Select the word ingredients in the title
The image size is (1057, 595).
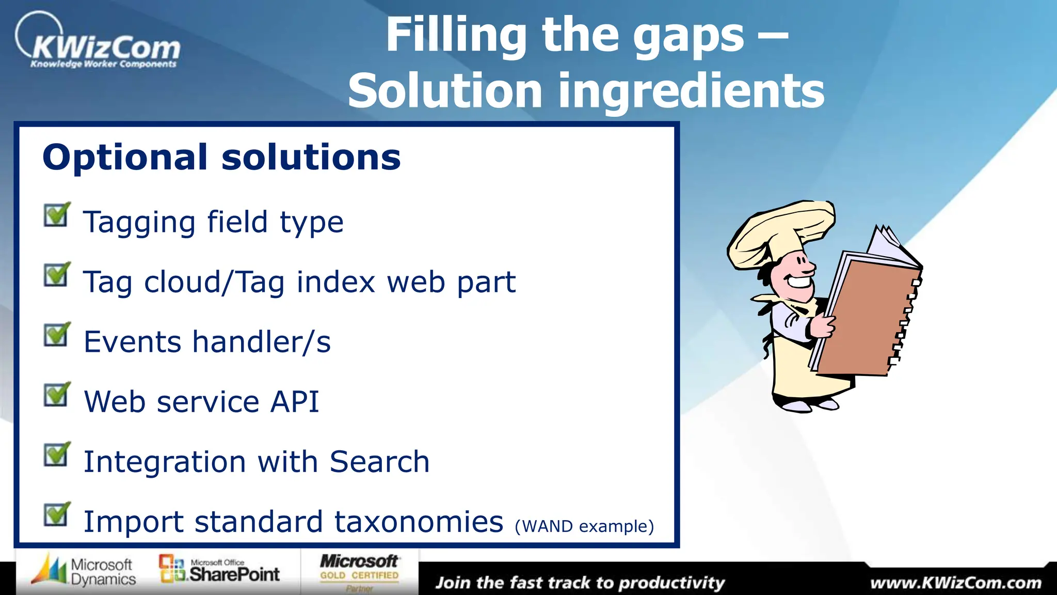point(691,91)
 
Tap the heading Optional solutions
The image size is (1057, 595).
point(221,157)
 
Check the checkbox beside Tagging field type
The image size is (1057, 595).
point(56,215)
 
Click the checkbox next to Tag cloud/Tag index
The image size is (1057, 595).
point(56,275)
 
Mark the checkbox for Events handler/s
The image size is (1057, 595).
point(56,335)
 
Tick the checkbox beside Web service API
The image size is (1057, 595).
point(56,395)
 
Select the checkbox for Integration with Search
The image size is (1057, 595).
point(56,455)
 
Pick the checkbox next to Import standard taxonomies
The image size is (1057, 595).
point(56,515)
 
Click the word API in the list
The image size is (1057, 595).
point(295,402)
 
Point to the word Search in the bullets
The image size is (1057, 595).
point(379,462)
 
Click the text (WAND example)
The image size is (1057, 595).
point(584,526)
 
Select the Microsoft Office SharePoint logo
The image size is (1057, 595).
point(219,570)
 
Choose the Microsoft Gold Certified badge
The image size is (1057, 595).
point(359,571)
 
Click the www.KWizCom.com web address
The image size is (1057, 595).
point(955,583)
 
